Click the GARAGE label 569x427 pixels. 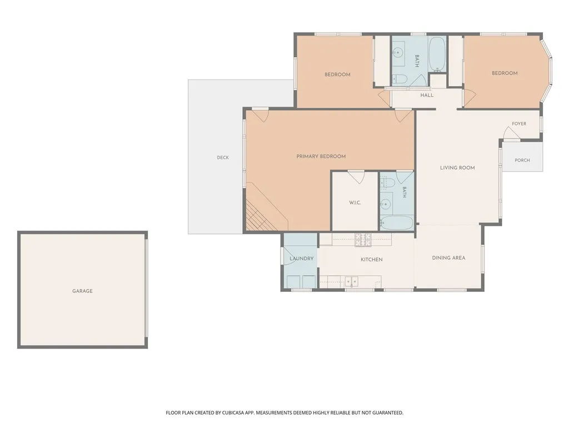tap(82, 291)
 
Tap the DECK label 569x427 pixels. tap(223, 157)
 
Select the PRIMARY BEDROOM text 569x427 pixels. tap(321, 156)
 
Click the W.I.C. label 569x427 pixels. tap(355, 202)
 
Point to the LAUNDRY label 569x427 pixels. tap(302, 259)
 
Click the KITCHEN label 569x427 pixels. tap(372, 260)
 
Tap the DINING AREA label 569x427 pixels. tap(448, 258)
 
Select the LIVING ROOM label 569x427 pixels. tap(457, 168)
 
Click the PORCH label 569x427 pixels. tap(522, 160)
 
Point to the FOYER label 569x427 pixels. tap(519, 124)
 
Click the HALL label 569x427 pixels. tap(427, 95)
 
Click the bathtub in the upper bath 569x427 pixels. tap(437, 54)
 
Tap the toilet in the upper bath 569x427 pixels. tap(397, 79)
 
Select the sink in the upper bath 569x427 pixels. tap(398, 53)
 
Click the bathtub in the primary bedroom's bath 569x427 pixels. tap(397, 223)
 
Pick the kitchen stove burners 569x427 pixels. tap(363, 240)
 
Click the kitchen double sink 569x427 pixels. tap(351, 281)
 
